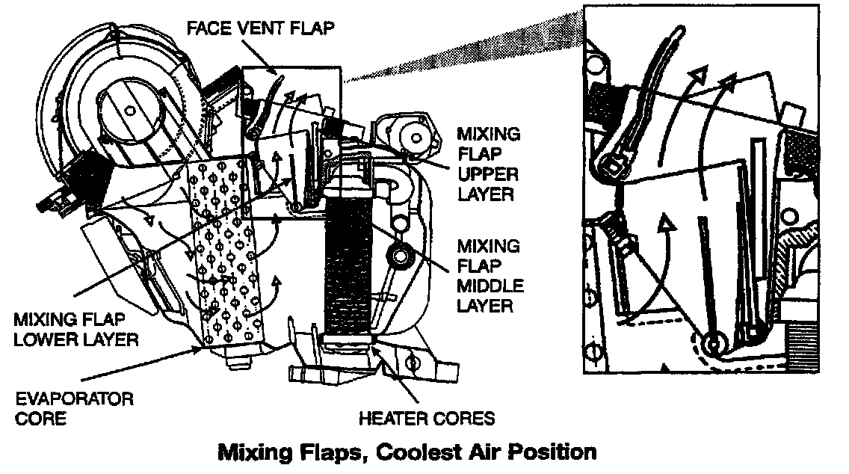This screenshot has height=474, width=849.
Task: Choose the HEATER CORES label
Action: pyautogui.click(x=426, y=417)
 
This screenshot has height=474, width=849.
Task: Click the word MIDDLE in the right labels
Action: pyautogui.click(x=489, y=286)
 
